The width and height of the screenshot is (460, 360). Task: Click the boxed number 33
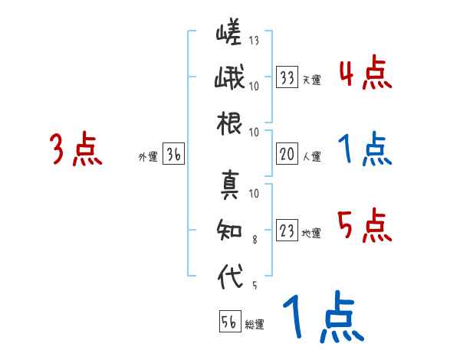click(287, 77)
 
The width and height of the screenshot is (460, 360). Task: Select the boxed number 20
click(287, 154)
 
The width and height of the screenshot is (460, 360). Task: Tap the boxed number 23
click(287, 231)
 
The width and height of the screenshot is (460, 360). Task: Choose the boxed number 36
click(173, 154)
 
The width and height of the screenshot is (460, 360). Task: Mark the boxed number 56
click(229, 322)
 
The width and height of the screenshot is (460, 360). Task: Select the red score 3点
click(76, 150)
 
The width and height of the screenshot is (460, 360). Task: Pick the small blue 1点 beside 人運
click(365, 150)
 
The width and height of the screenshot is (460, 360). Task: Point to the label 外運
click(147, 157)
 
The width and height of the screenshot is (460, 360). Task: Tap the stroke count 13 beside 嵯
click(254, 41)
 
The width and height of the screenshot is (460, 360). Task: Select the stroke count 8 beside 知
click(254, 239)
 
